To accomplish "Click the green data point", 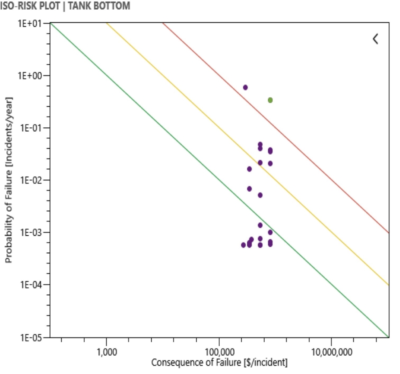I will tap(270, 100).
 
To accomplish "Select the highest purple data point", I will tap(245, 87).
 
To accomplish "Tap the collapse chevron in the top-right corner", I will tap(375, 39).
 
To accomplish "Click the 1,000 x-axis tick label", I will tap(106, 352).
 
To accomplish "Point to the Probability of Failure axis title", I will tap(8, 180).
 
